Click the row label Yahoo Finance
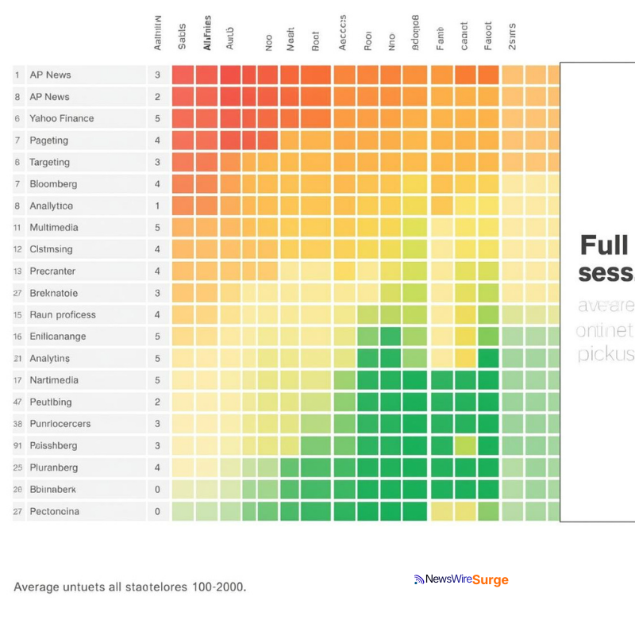61,118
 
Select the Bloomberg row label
53,184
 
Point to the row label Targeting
49,162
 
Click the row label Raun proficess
63,315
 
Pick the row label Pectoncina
54,511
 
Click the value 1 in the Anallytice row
157,206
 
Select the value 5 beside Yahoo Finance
157,118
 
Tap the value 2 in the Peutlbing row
157,402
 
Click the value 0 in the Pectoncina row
157,511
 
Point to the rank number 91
17,446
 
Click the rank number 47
17,402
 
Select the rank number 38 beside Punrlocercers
17,424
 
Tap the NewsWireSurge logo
461,580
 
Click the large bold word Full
604,245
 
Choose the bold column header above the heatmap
207,33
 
